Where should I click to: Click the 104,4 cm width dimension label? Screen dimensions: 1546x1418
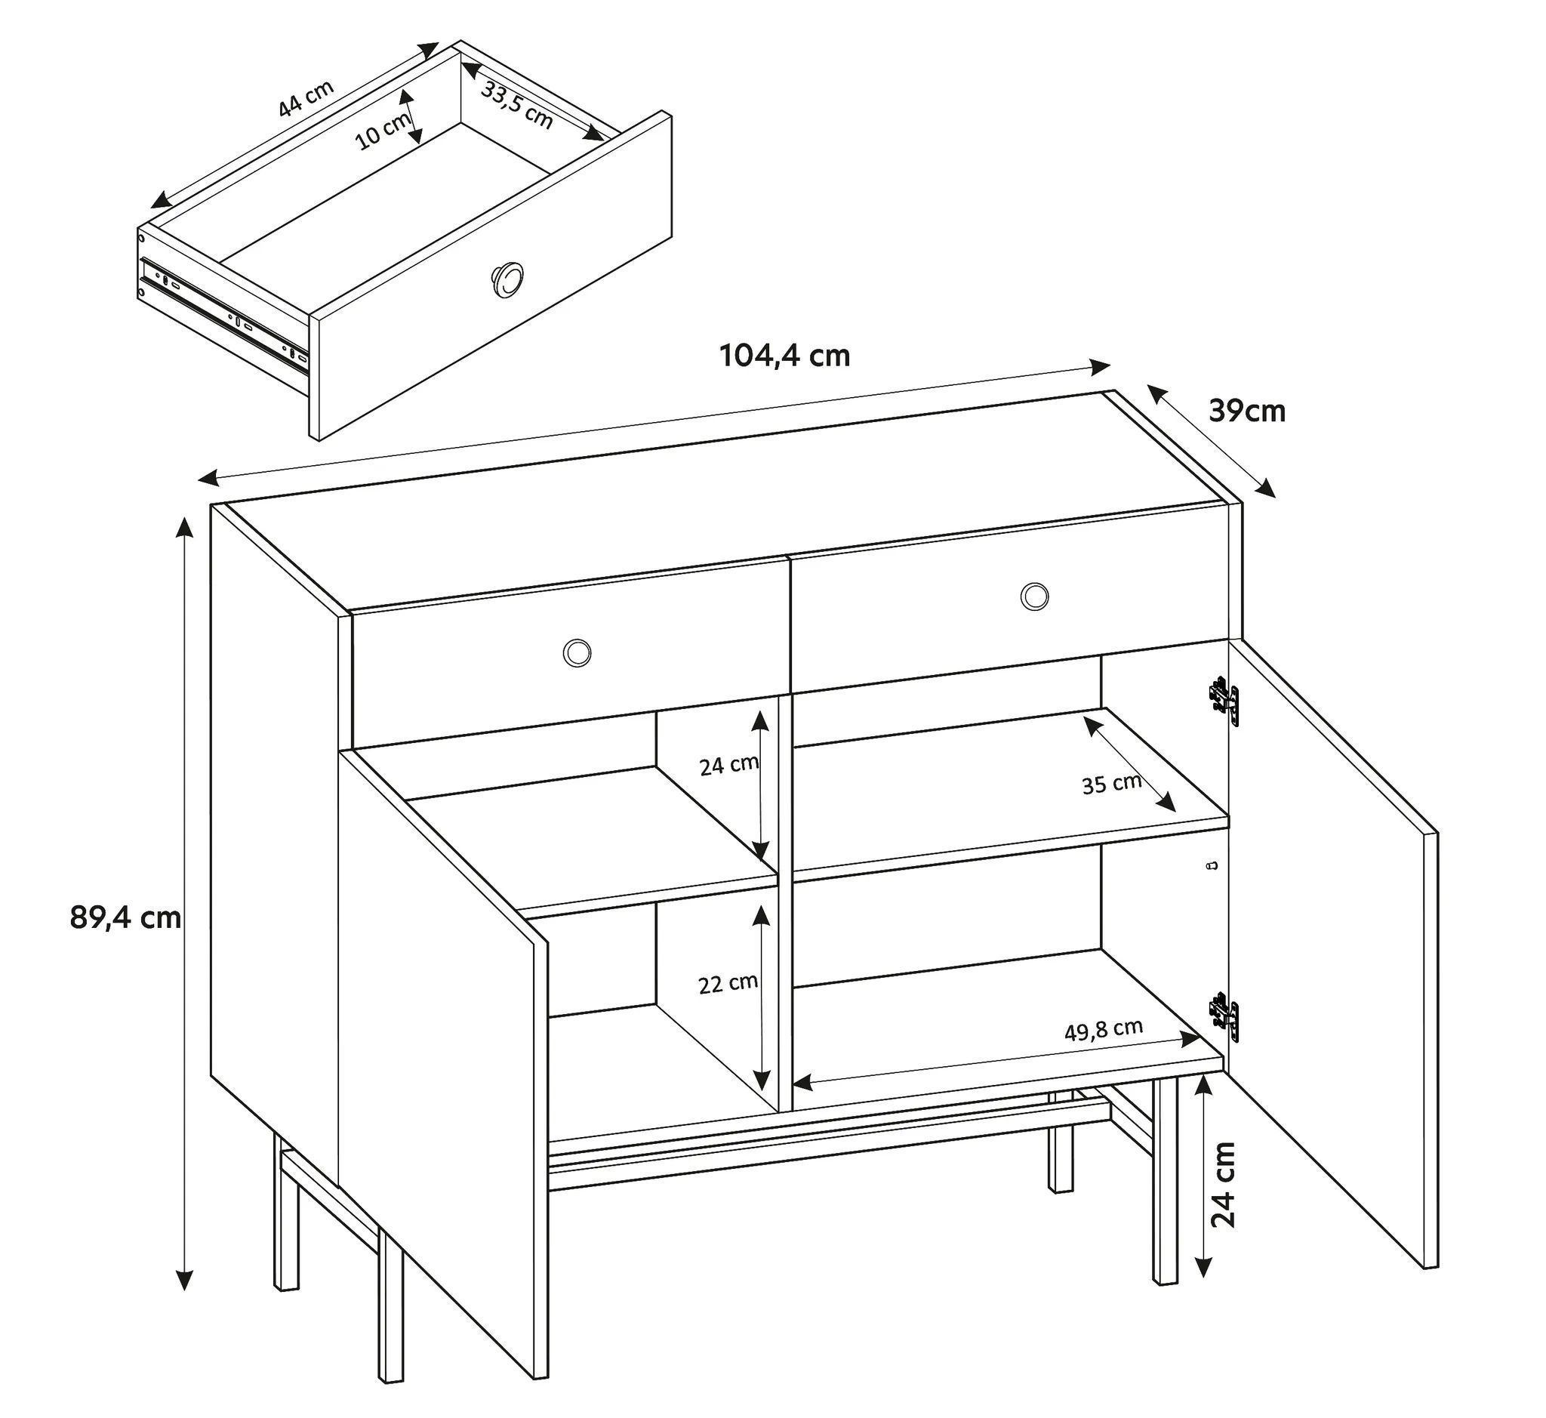785,356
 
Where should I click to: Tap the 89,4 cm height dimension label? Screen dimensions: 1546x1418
125,917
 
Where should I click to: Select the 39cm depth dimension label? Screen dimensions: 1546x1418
1247,412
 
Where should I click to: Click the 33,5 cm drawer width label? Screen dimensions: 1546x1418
516,104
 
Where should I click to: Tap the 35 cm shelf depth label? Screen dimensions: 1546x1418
1112,785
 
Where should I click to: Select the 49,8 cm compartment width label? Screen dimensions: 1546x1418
1104,1030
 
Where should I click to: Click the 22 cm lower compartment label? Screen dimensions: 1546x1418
728,983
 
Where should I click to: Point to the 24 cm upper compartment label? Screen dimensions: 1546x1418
729,764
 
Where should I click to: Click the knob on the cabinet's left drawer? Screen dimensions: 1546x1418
576,652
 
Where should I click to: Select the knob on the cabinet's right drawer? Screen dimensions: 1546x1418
1034,596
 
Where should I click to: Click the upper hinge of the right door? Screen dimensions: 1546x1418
1224,701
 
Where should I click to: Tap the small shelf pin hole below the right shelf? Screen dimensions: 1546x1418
1212,865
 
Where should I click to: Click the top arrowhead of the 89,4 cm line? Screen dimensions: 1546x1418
184,527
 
